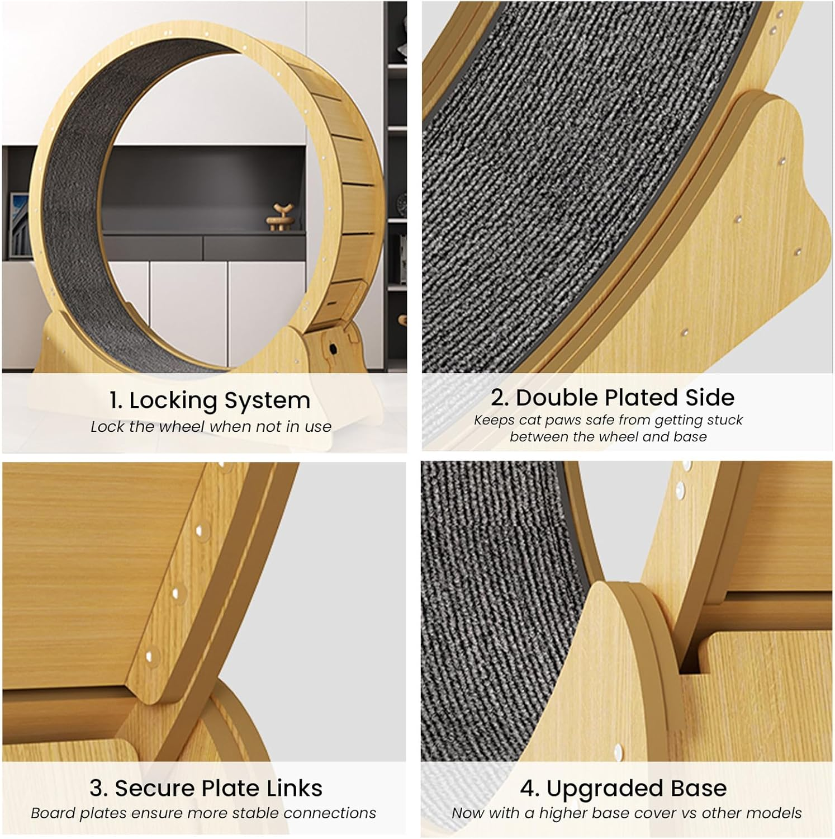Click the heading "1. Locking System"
[x=210, y=400]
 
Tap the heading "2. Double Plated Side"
[x=613, y=398]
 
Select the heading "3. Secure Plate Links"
[x=206, y=788]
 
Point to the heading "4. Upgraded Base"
[x=623, y=788]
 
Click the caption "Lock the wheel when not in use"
[x=211, y=427]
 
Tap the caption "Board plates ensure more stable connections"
[x=203, y=813]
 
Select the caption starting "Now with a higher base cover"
[x=627, y=813]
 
